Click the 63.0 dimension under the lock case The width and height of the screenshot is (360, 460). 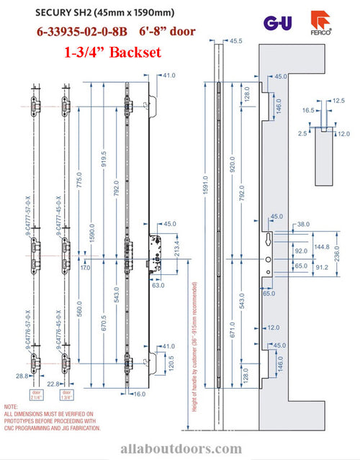tap(159, 285)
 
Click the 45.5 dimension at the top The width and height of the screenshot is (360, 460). tap(235, 62)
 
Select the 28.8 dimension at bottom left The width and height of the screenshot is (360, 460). tap(22, 375)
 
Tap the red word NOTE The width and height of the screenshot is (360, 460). tap(12, 407)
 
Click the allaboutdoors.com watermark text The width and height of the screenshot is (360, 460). tap(179, 448)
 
